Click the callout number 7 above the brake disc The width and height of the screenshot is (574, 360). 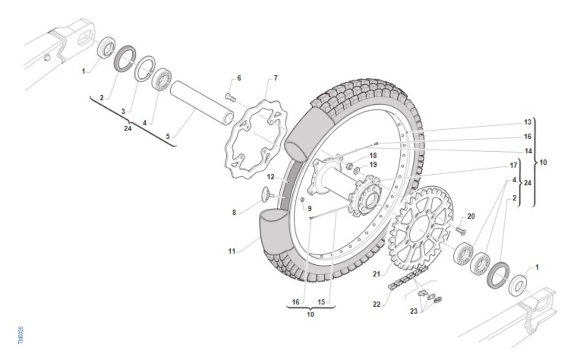[276, 77]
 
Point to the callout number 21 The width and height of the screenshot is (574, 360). [376, 274]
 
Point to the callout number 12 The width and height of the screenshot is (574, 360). [270, 177]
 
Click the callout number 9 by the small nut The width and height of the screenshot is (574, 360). [309, 208]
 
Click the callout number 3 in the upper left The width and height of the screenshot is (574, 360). [123, 111]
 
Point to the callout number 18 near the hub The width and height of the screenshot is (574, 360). [373, 155]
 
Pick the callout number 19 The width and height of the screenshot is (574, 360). [373, 164]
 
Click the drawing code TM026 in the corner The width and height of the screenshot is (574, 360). [21, 335]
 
